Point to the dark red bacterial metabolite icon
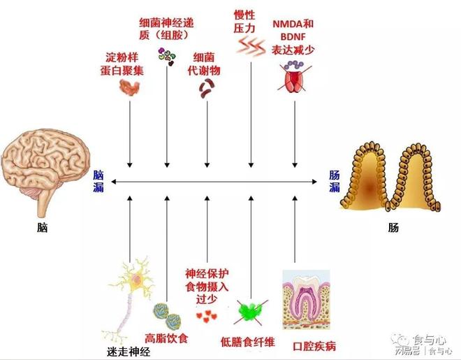pos(207,87)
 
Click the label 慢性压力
pos(244,20)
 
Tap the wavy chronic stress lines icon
pos(249,47)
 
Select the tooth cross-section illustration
pos(304,301)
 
